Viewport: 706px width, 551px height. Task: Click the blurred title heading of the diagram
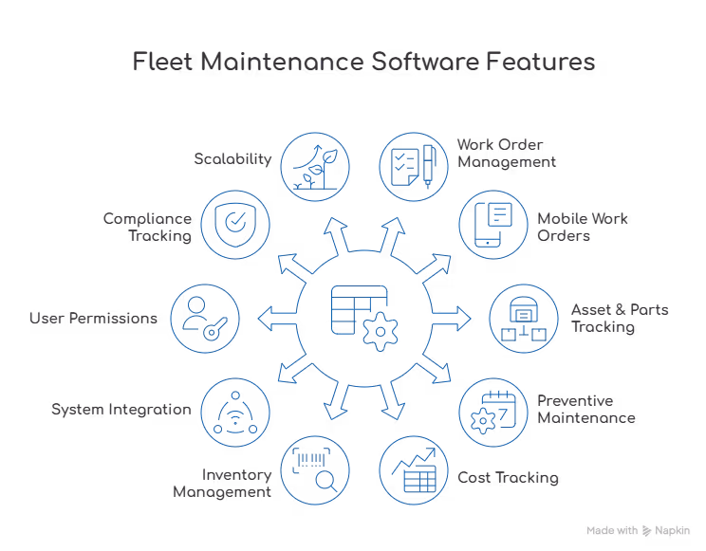point(363,64)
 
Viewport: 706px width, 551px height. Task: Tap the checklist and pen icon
point(414,164)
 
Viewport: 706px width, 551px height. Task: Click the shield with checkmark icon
point(233,224)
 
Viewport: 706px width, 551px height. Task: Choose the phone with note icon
point(493,224)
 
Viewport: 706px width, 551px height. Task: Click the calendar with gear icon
point(493,409)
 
